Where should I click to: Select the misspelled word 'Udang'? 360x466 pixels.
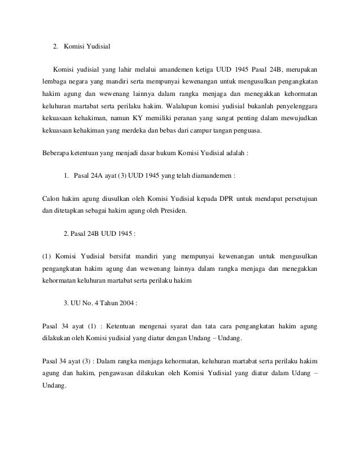299,375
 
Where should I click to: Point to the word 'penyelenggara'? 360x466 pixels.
294,105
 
